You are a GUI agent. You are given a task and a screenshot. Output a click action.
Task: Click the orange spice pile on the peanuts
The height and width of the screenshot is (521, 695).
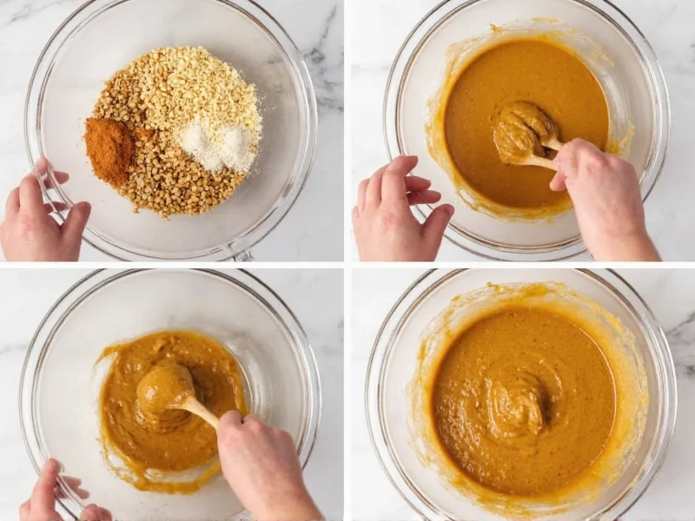point(109,150)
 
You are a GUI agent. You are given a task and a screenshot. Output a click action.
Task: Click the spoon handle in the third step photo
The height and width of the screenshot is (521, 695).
point(201,412)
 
